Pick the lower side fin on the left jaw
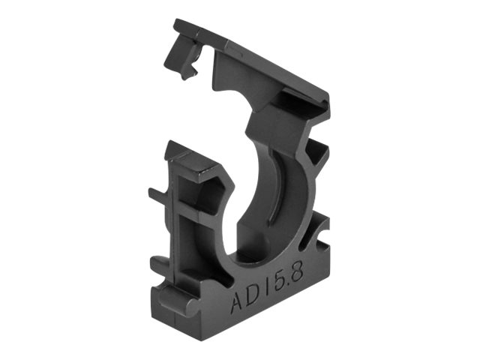click(x=159, y=263)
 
